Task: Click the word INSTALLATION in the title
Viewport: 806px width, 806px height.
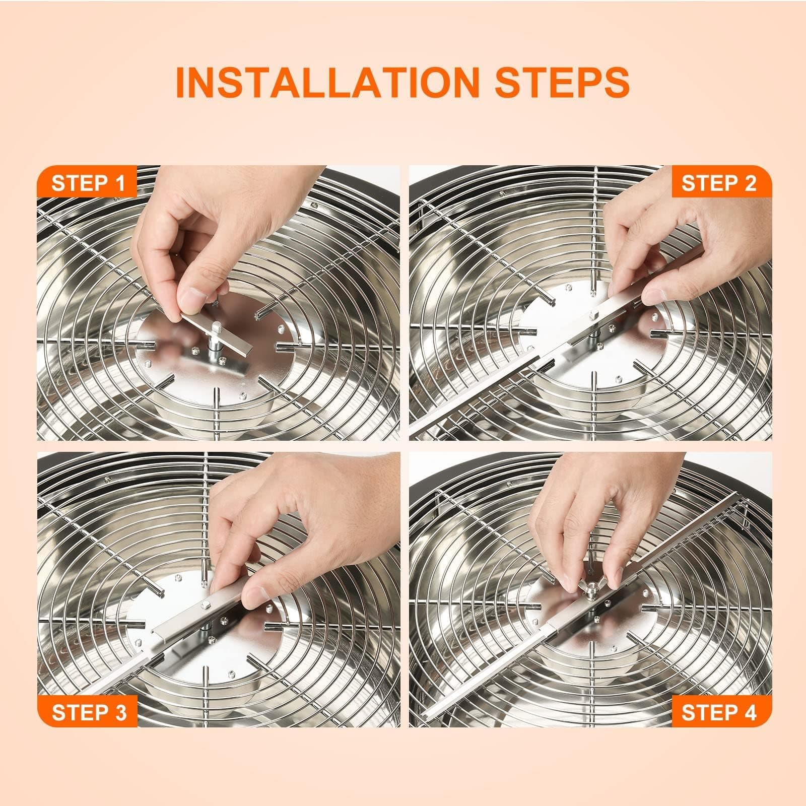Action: (x=325, y=82)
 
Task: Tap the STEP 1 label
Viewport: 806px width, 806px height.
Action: (x=88, y=182)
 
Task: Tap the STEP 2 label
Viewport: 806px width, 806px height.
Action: (x=719, y=182)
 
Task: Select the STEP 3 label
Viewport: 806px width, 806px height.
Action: (x=89, y=712)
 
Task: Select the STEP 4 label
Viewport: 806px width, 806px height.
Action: (x=719, y=712)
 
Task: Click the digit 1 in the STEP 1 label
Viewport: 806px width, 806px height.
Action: (x=119, y=182)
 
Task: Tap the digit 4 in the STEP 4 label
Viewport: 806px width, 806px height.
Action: (x=749, y=712)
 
